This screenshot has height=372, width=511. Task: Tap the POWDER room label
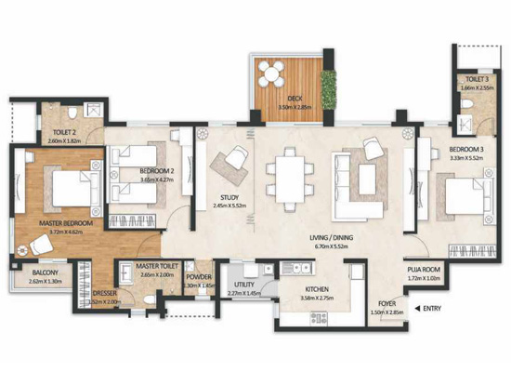pos(198,276)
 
